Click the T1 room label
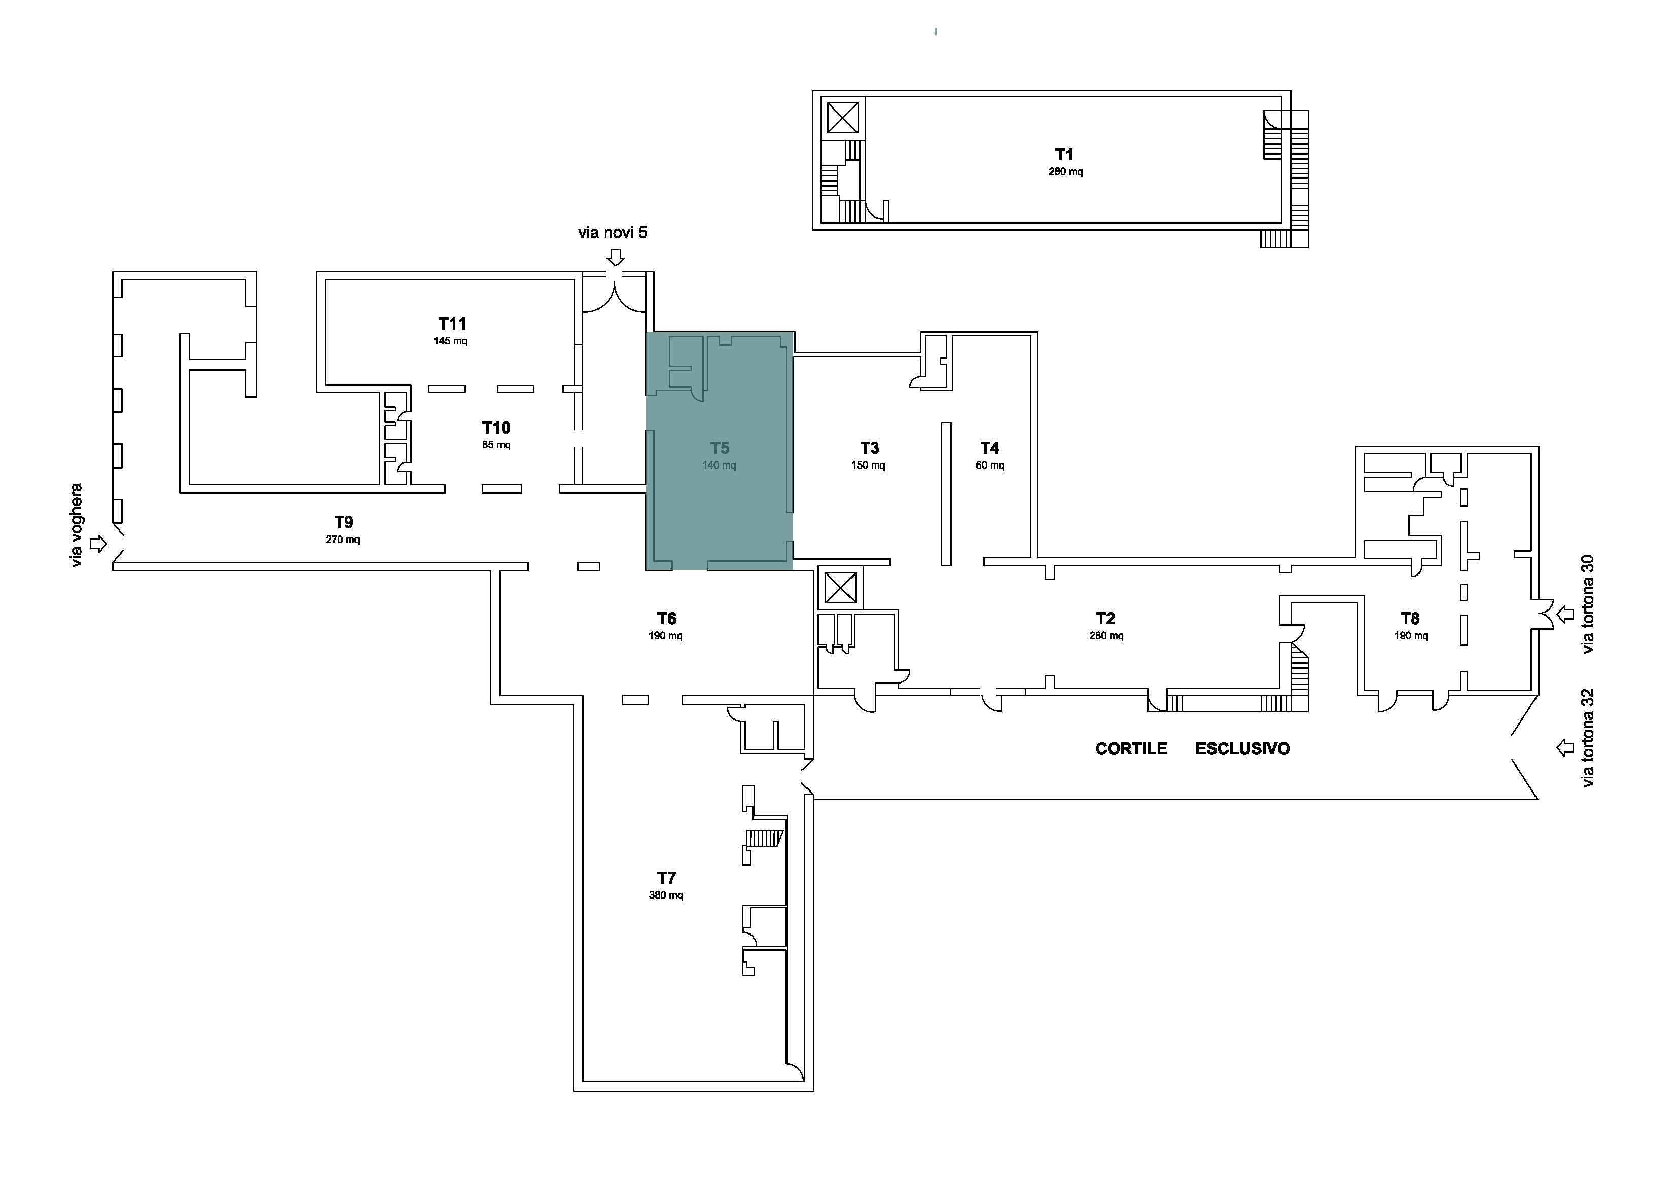point(1064,154)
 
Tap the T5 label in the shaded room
point(720,448)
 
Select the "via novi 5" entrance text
point(613,232)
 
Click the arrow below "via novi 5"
point(616,257)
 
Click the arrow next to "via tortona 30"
point(1565,615)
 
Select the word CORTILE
point(1131,749)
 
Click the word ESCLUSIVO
point(1242,749)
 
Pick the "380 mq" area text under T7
point(666,895)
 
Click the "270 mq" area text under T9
point(343,540)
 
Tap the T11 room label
point(452,324)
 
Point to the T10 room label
point(496,427)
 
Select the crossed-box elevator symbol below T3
point(840,588)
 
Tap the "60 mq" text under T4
point(990,465)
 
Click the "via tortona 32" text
point(1587,738)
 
